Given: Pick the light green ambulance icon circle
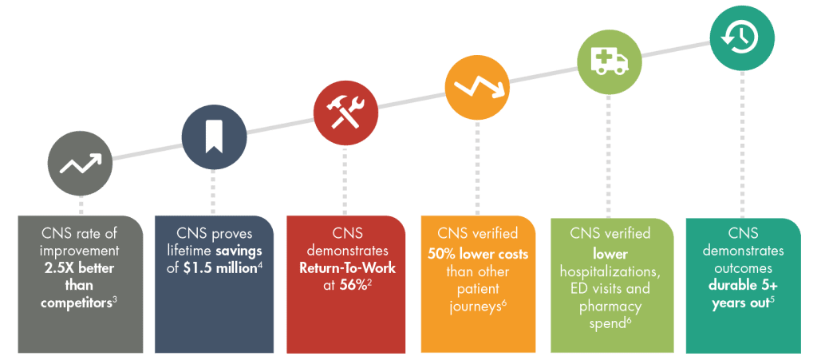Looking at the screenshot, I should point(609,61).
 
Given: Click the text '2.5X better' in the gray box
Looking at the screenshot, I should point(80,269).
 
